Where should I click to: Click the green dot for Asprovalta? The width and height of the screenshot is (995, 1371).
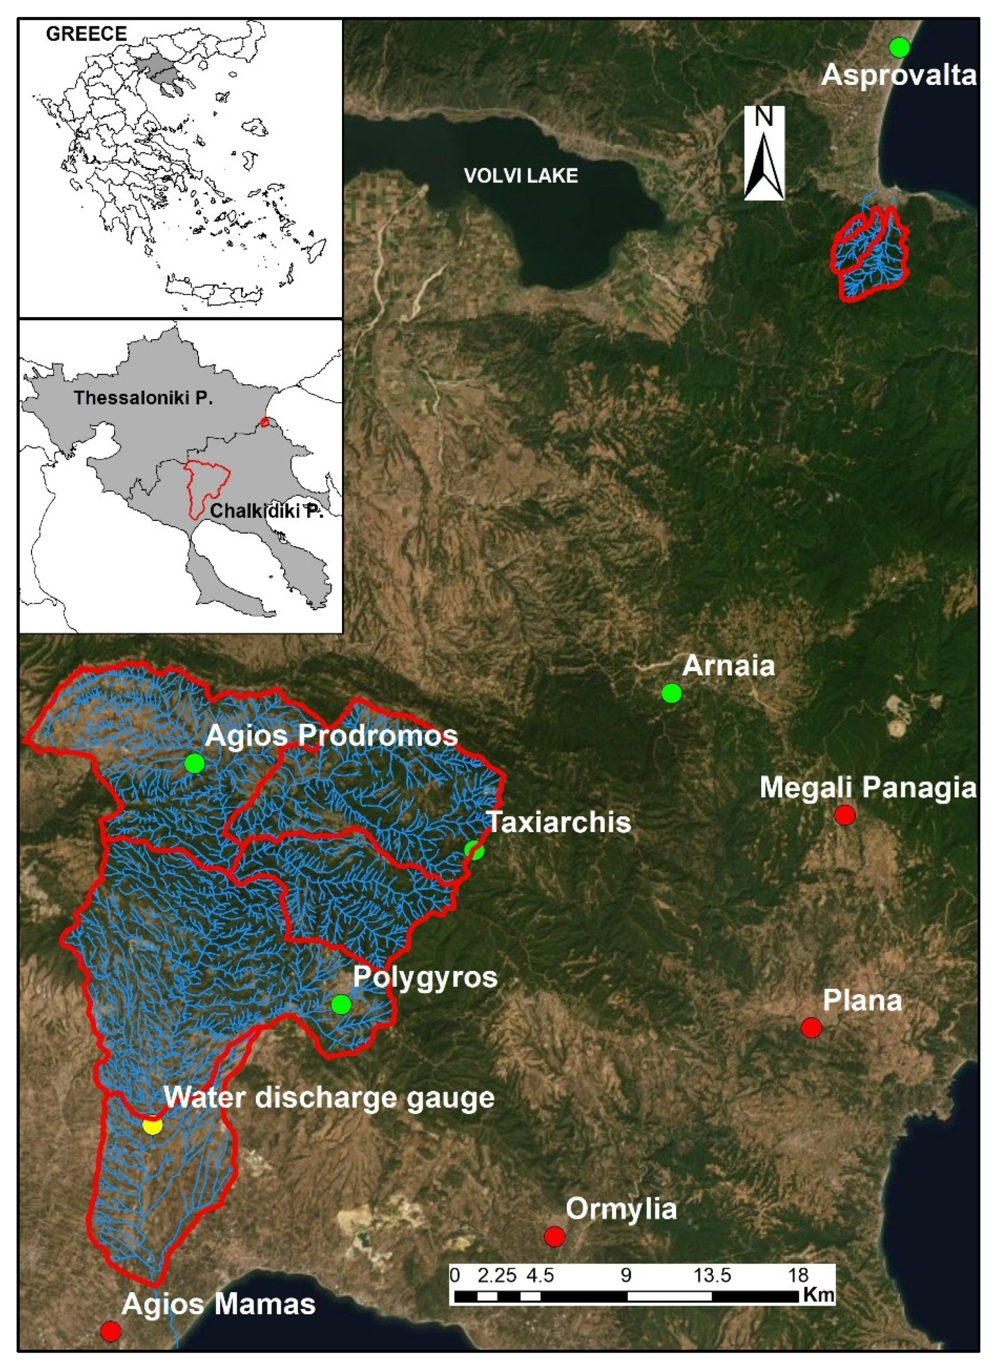pyautogui.click(x=899, y=47)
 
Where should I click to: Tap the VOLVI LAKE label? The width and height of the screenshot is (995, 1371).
pyautogui.click(x=520, y=176)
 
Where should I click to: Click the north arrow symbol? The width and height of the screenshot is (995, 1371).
pyautogui.click(x=764, y=153)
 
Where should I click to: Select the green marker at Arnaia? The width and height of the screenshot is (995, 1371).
pyautogui.click(x=671, y=693)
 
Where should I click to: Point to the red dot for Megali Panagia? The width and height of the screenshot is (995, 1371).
pyautogui.click(x=844, y=815)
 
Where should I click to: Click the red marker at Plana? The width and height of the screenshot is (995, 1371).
pyautogui.click(x=811, y=1026)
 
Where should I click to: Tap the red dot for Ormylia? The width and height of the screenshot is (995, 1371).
pyautogui.click(x=554, y=1236)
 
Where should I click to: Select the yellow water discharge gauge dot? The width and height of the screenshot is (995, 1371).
pyautogui.click(x=153, y=1126)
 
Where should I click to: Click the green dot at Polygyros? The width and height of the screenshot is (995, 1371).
pyautogui.click(x=341, y=1004)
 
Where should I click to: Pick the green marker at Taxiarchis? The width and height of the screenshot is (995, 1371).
pyautogui.click(x=474, y=851)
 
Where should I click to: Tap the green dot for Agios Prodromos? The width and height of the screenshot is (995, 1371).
pyautogui.click(x=194, y=764)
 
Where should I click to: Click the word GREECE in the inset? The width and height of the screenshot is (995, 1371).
pyautogui.click(x=86, y=34)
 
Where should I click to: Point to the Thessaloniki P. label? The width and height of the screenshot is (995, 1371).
pyautogui.click(x=143, y=398)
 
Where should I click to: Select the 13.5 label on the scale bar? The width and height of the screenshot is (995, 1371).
pyautogui.click(x=712, y=1275)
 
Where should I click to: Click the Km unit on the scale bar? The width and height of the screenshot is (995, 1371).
pyautogui.click(x=819, y=1294)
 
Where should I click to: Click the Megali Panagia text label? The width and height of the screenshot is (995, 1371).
pyautogui.click(x=868, y=788)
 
